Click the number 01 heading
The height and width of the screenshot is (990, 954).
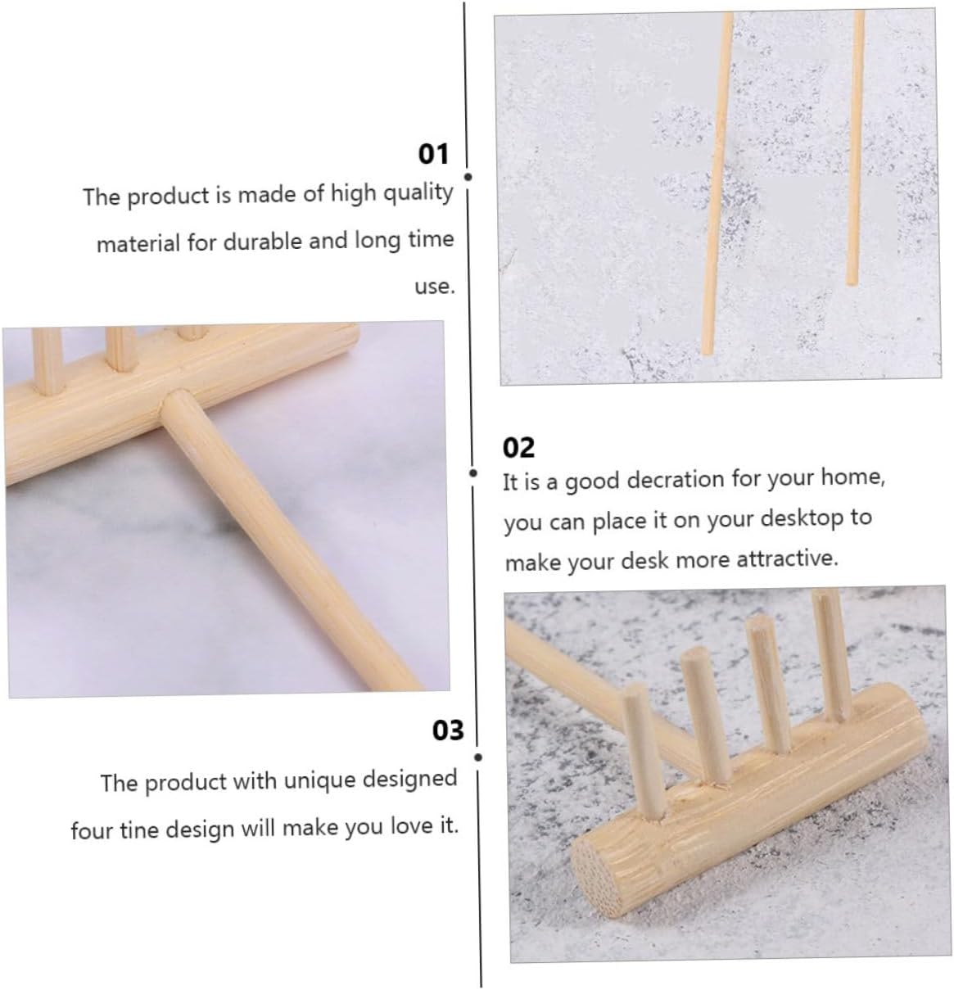[433, 154]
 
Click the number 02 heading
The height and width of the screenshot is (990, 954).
[518, 448]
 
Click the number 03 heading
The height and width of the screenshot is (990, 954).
[448, 730]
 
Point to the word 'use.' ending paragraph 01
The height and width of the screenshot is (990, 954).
[434, 287]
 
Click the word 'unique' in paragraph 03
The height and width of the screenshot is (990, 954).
[316, 780]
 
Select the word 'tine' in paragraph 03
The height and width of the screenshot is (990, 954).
[139, 830]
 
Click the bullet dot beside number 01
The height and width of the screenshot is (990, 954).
[468, 177]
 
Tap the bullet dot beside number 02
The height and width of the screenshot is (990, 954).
[473, 473]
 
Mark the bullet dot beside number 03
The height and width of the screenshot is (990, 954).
[477, 757]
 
